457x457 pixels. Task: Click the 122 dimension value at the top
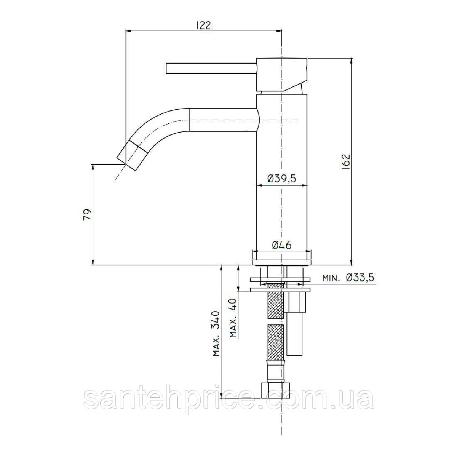point(203,26)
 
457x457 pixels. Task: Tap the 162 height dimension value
point(346,161)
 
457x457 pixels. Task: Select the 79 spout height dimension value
point(87,215)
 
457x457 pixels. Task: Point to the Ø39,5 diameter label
point(282,178)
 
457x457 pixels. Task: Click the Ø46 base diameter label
point(281,245)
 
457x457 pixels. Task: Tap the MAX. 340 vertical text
point(216,337)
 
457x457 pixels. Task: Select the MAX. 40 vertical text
point(233,317)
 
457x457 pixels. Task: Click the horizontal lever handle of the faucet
point(211,68)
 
